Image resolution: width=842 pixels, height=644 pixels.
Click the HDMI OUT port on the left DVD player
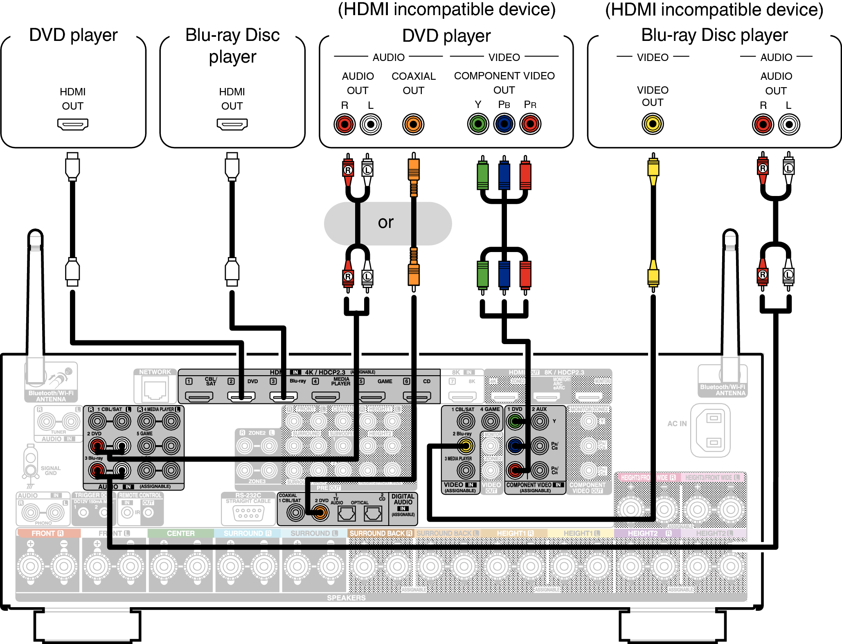(73, 124)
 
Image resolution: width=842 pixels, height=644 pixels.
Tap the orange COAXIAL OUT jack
(413, 124)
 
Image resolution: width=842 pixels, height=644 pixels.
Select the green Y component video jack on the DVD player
(478, 124)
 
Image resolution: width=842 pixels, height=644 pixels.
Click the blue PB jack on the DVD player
(504, 124)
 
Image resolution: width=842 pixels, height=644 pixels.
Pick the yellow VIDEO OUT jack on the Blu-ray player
(653, 124)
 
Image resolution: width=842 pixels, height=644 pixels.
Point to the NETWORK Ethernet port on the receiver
(155, 389)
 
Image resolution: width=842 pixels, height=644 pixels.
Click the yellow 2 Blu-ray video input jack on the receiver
(466, 446)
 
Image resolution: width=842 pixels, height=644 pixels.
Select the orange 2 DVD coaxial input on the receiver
(320, 512)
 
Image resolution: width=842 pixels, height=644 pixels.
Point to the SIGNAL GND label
(51, 471)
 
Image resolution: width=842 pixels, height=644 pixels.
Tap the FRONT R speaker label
(47, 534)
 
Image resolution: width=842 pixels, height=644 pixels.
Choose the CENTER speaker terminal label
(180, 534)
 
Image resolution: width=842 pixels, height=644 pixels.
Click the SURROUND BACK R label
(380, 534)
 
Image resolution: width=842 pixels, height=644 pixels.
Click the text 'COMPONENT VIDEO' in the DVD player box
(504, 76)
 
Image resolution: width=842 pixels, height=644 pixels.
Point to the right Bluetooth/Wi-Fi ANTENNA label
(723, 390)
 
